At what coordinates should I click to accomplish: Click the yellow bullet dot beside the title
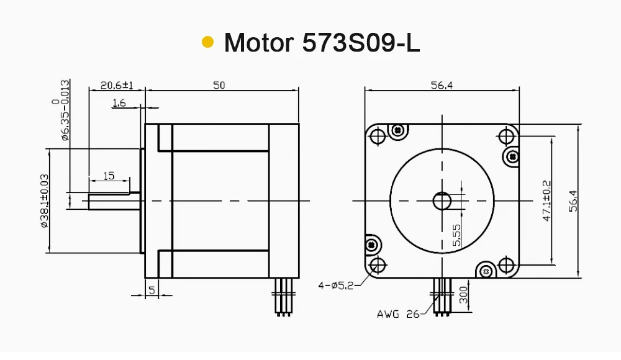208,42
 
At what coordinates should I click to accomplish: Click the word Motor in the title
259,42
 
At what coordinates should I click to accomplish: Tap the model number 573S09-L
361,42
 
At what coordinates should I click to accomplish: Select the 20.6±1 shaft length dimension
117,85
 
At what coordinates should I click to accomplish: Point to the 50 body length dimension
219,85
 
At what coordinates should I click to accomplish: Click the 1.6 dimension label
119,103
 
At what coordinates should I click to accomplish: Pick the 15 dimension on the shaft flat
109,176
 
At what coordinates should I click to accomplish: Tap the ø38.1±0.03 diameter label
44,200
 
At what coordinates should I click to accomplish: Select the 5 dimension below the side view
152,290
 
